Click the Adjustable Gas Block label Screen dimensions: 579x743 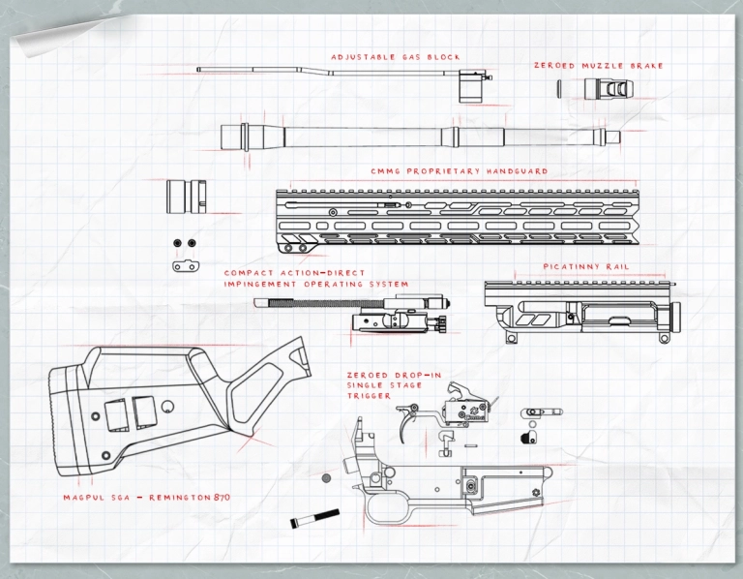point(396,57)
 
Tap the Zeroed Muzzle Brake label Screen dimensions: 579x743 point(598,66)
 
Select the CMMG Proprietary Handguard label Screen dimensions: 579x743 point(460,171)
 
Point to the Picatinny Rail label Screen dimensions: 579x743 point(586,265)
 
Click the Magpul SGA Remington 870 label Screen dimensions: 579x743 point(146,497)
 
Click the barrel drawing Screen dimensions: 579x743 point(416,134)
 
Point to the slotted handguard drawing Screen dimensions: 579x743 point(455,217)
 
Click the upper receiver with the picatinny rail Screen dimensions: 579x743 point(580,310)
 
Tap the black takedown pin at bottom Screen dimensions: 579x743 point(314,519)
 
